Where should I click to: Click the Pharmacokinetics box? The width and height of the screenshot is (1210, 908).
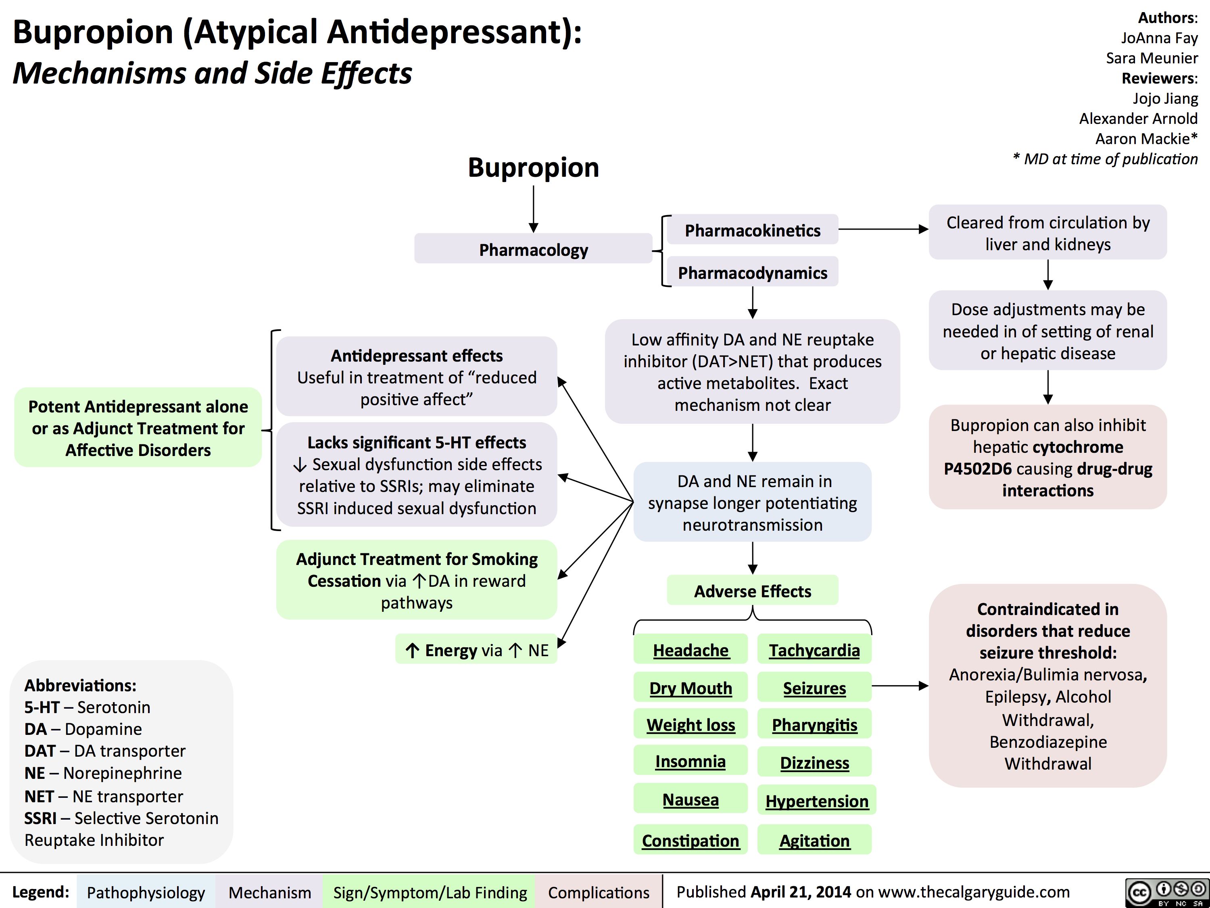click(752, 230)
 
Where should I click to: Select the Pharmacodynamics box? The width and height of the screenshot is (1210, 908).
click(752, 272)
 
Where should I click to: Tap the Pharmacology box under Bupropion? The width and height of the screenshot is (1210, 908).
click(533, 249)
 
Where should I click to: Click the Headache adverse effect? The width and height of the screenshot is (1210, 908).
click(691, 650)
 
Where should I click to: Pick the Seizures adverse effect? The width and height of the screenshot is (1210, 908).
click(814, 688)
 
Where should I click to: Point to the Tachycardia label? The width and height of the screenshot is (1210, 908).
click(814, 650)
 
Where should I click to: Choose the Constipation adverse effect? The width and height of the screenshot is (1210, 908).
click(691, 840)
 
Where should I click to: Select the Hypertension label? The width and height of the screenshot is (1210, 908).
click(817, 801)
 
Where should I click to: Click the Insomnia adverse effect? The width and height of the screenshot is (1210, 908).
click(691, 762)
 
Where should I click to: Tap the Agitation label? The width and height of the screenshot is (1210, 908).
click(814, 840)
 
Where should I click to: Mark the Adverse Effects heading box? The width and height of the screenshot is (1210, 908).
click(752, 591)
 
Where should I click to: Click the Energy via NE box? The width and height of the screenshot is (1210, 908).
click(476, 650)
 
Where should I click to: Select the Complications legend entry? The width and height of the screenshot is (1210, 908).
click(599, 892)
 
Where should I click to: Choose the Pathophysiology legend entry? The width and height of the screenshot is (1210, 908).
click(146, 892)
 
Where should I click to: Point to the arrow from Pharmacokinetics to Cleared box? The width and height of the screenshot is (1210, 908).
click(883, 229)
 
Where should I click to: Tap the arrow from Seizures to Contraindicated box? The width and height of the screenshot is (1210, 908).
click(900, 685)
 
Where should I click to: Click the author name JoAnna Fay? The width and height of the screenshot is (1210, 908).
click(1159, 38)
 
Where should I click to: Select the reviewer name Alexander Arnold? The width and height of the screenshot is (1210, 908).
click(1138, 118)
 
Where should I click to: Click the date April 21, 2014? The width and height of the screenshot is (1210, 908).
click(800, 891)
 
